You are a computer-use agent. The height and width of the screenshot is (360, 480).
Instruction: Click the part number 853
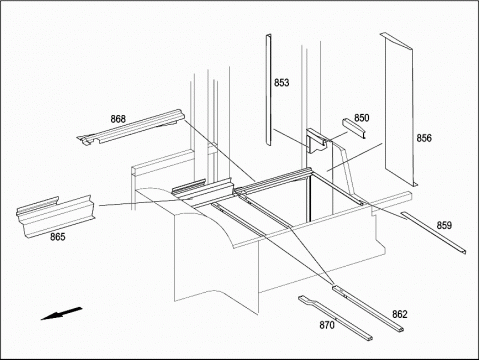click(282, 82)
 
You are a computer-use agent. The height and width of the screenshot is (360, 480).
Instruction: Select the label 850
click(362, 118)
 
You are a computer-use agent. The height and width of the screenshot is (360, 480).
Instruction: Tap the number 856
click(424, 138)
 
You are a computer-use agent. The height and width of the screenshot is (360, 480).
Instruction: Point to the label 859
click(444, 225)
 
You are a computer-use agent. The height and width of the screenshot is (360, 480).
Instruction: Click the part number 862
click(400, 314)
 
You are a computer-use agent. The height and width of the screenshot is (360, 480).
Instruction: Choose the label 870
click(327, 325)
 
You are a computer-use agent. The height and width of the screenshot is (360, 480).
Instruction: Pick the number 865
click(58, 237)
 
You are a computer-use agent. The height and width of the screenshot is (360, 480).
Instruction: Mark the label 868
click(118, 119)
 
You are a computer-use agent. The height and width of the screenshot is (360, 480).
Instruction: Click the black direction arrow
click(61, 313)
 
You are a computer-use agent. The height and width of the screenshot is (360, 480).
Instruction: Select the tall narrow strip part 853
click(268, 89)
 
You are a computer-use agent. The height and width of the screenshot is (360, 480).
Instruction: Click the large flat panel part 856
click(399, 110)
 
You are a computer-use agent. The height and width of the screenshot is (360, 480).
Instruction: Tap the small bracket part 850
click(354, 128)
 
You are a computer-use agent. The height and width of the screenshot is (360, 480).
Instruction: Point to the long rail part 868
click(132, 128)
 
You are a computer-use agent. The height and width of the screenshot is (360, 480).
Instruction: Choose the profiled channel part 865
click(55, 217)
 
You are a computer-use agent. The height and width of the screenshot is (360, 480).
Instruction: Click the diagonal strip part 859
click(433, 233)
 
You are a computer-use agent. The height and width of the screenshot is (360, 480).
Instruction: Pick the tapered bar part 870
click(335, 318)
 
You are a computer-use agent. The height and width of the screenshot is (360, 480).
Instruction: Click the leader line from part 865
click(140, 203)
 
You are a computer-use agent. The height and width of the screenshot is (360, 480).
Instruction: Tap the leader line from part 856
click(354, 157)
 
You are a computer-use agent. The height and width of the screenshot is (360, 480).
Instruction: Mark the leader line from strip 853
click(291, 137)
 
